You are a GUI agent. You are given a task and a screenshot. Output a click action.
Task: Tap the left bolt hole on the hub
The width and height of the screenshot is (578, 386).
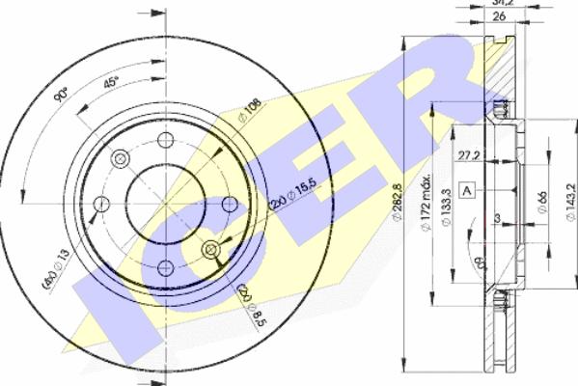(x=99, y=204)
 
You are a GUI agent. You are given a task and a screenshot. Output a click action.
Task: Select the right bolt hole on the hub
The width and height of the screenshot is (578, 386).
(x=230, y=204)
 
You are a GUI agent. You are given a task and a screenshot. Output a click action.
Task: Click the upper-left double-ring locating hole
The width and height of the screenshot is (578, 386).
(x=120, y=158)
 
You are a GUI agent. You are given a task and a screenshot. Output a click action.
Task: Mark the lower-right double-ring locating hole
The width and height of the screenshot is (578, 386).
(x=211, y=250)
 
